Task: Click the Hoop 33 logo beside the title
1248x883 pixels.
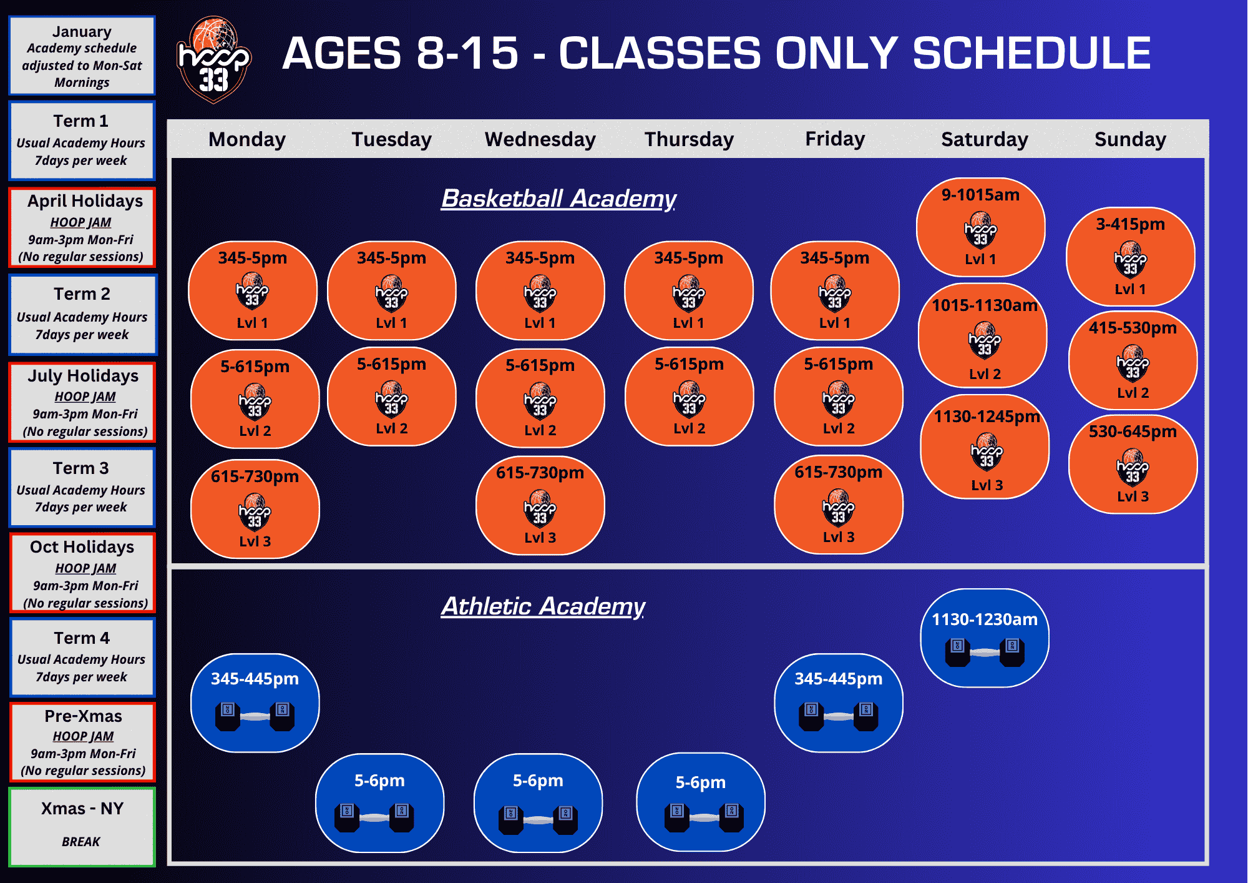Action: (x=214, y=60)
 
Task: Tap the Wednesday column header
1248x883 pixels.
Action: (x=540, y=139)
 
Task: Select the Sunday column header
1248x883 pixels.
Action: (x=1130, y=139)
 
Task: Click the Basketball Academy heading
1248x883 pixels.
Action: (x=558, y=199)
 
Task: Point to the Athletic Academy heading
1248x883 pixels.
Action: (x=543, y=606)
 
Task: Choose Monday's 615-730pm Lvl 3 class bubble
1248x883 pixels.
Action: (x=255, y=509)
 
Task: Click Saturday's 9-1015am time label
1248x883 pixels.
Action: (x=980, y=195)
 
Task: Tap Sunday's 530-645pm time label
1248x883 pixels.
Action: (x=1133, y=432)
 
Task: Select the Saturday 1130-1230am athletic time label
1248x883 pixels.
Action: (x=985, y=619)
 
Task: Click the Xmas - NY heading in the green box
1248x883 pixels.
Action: (x=82, y=809)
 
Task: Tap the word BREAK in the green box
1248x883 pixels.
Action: (x=81, y=842)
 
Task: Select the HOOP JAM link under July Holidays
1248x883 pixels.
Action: (x=85, y=397)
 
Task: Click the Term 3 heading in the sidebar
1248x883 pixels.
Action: (x=81, y=468)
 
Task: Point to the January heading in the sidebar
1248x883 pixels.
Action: (x=82, y=32)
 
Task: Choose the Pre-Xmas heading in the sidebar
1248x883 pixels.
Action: (x=83, y=716)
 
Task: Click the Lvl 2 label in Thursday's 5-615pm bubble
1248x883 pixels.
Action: (x=689, y=428)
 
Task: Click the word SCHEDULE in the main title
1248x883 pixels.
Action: (x=1031, y=53)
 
